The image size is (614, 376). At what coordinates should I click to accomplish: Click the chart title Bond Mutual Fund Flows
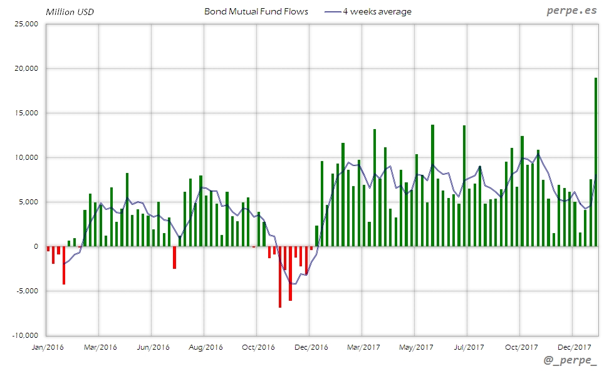point(256,11)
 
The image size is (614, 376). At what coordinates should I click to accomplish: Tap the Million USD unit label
point(70,12)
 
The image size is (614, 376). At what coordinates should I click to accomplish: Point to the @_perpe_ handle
point(570,362)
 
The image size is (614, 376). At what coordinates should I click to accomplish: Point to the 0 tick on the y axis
point(36,246)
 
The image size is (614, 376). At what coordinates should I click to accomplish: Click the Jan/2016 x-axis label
point(47,347)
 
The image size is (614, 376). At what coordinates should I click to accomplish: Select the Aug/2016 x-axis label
point(206,347)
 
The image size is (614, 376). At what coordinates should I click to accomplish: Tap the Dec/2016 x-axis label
point(311,347)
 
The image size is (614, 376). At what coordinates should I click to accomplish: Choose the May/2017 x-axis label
point(416,347)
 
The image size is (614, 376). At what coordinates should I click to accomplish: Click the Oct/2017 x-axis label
point(521,347)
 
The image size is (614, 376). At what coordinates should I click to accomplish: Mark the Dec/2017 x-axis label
point(574,347)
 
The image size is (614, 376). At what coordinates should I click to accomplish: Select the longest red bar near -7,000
point(280,276)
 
